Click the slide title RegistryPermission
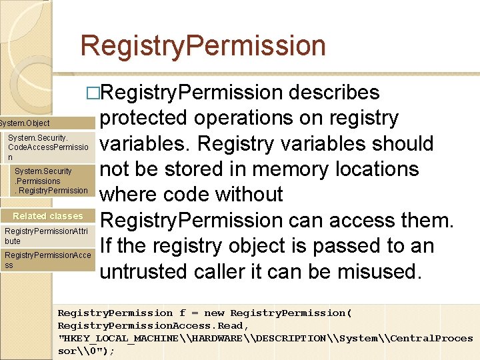click(x=203, y=46)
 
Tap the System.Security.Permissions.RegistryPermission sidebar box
click(x=51, y=181)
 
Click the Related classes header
click(x=48, y=216)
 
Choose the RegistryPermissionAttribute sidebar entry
click(x=47, y=235)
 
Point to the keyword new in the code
click(x=214, y=313)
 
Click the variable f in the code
click(x=182, y=313)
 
